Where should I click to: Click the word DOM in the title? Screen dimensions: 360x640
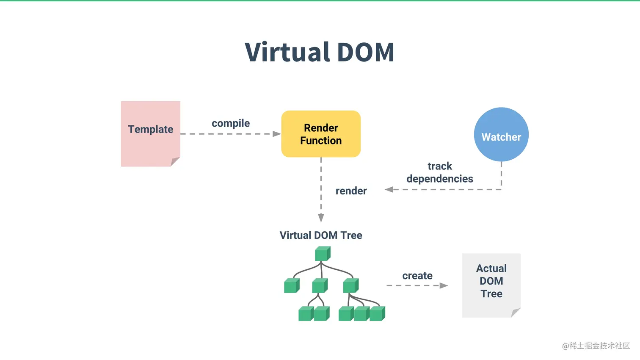[366, 53]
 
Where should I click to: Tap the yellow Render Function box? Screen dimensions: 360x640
[321, 134]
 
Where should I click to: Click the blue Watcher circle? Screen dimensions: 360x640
[501, 135]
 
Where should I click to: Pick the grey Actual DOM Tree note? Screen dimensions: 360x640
[491, 285]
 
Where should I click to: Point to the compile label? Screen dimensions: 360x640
[231, 123]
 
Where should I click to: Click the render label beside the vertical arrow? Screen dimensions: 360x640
[351, 191]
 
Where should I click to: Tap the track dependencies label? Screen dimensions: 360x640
[440, 172]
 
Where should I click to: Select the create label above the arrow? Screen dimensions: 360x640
[417, 276]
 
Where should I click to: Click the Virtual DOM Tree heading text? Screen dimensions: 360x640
[321, 235]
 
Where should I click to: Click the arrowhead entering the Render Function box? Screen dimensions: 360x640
[277, 134]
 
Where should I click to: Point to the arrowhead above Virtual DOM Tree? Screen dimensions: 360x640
[321, 218]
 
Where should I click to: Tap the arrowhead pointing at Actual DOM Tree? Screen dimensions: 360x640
[444, 285]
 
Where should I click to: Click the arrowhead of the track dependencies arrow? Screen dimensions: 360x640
[389, 189]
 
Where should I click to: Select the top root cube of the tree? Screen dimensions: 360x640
[323, 254]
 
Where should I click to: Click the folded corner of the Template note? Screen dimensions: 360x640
[175, 161]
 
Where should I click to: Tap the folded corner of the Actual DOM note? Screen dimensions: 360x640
[515, 313]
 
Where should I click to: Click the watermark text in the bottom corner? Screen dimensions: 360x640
[596, 346]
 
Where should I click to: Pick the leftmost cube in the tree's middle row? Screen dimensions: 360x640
[292, 286]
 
